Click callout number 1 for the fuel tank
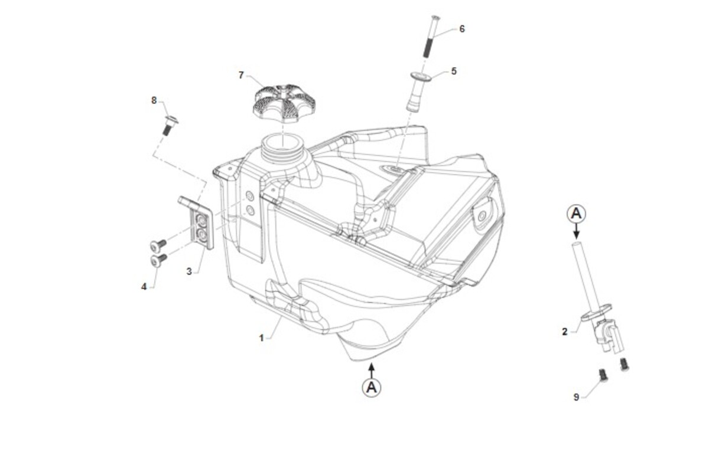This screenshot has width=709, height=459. [261, 338]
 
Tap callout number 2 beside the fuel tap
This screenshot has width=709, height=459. [565, 332]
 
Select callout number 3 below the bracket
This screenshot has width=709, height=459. [189, 271]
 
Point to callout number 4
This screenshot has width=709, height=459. [144, 287]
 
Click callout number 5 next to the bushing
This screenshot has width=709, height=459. [454, 71]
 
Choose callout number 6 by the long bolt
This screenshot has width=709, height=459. [462, 29]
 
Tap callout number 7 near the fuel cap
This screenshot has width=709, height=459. [241, 76]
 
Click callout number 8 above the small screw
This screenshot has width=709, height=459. [154, 100]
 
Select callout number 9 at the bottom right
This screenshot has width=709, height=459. [577, 397]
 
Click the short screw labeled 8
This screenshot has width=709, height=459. [170, 125]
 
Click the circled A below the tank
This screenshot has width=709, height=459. [372, 387]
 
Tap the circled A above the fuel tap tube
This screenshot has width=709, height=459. [576, 214]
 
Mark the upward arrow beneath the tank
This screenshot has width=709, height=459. [372, 371]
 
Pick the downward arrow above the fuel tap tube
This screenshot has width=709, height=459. [577, 231]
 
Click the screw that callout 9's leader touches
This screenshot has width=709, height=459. [603, 376]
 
